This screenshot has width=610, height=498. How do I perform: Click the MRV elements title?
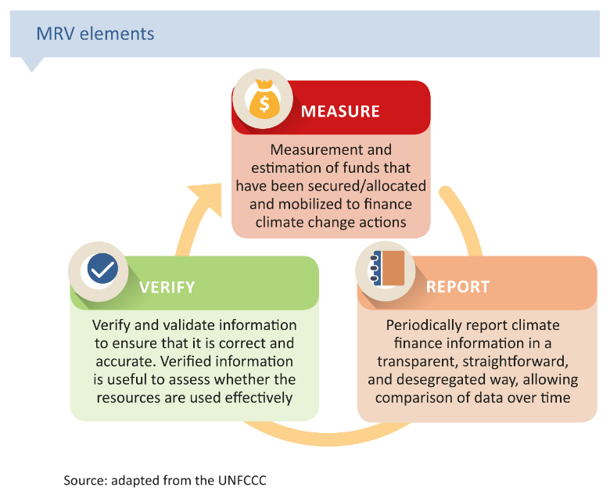coord(95,34)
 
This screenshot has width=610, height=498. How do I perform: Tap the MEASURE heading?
coord(340,110)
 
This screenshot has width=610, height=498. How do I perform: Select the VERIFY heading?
coord(167,287)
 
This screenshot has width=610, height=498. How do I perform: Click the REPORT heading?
coord(457,287)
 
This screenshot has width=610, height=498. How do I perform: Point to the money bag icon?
coord(264,101)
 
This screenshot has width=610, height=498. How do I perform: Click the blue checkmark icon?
coord(102,270)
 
